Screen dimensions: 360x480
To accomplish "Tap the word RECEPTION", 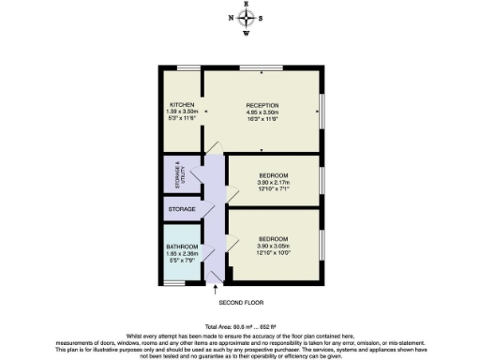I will point(263,104).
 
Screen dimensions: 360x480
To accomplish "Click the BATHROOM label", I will point(180,247).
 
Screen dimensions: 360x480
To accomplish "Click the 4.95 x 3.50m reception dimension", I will point(263,112).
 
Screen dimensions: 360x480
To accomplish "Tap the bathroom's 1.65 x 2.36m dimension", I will point(180,254).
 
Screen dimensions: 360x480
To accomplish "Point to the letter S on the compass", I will point(262,18).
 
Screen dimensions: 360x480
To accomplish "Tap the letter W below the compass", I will point(246,34).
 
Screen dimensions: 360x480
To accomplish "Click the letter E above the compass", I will point(246,4).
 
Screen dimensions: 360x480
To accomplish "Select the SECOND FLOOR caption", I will point(242,304).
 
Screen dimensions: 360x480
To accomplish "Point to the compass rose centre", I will point(246,18).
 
